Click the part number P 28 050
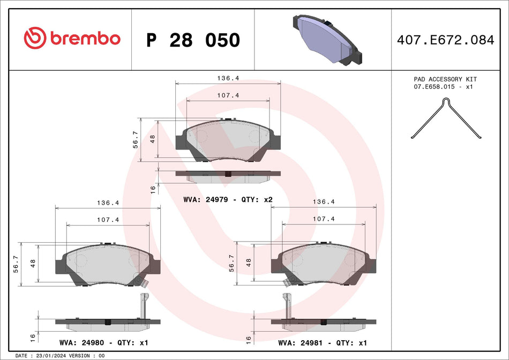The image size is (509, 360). click(193, 40)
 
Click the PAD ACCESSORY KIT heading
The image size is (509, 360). click(445, 79)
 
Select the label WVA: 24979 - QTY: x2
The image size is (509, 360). click(228, 199)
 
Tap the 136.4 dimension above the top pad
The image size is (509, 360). click(228, 78)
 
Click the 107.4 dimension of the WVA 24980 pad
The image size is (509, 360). click(107, 219)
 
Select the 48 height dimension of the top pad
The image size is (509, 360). click(153, 138)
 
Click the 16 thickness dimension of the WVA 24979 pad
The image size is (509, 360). click(153, 189)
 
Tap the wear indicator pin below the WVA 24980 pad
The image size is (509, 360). click(143, 305)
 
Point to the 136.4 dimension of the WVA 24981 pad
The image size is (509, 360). click(324, 202)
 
